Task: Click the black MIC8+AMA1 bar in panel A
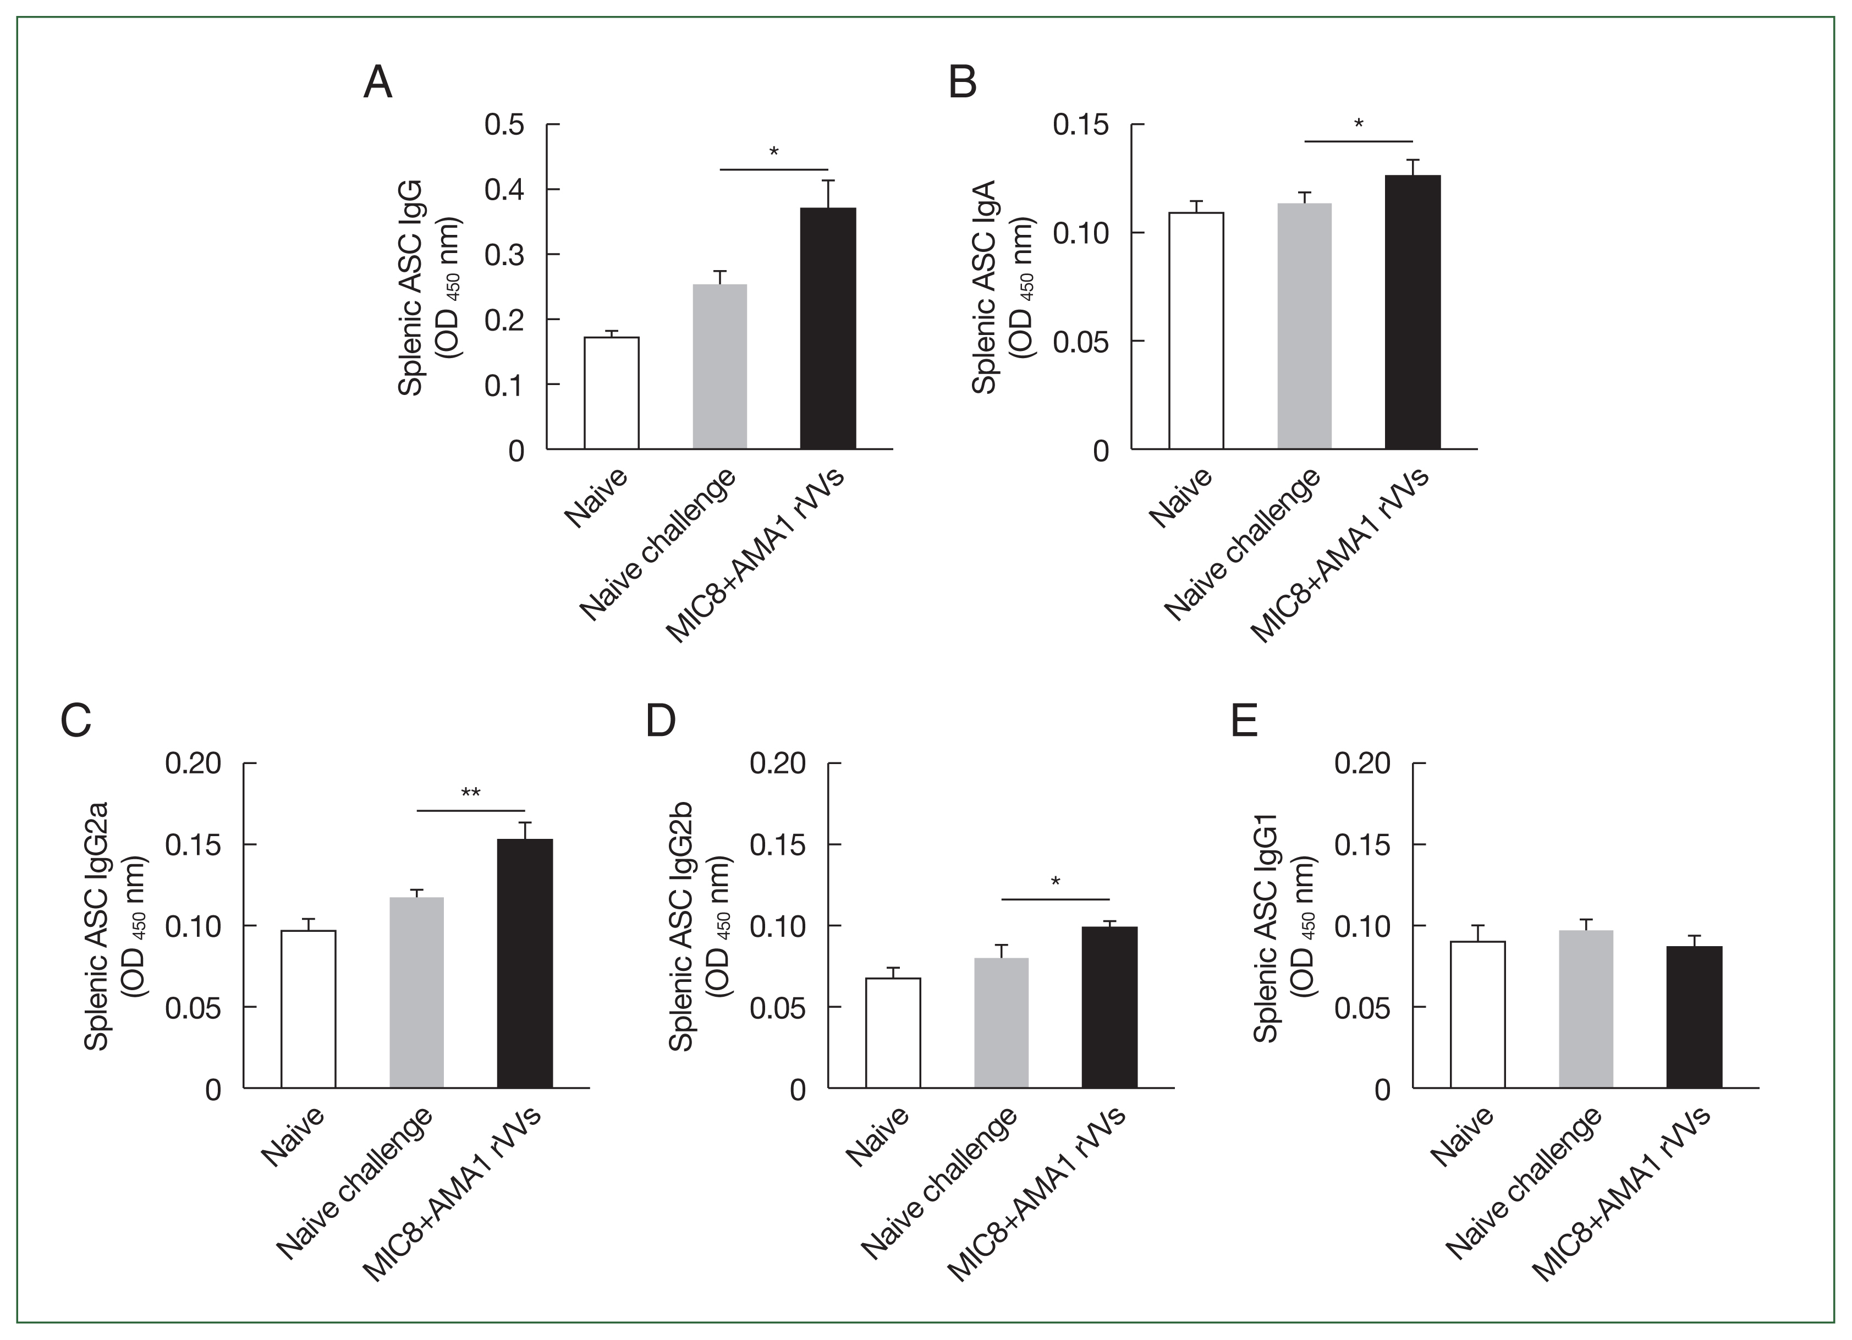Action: click(x=828, y=328)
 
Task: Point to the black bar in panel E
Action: click(x=1694, y=1016)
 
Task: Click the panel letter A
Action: click(x=377, y=83)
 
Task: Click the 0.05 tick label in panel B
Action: click(x=1080, y=342)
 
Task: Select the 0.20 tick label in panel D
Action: click(x=777, y=764)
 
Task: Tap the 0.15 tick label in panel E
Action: click(x=1361, y=845)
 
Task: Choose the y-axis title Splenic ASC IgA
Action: click(x=984, y=288)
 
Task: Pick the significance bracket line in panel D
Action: click(x=1055, y=899)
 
